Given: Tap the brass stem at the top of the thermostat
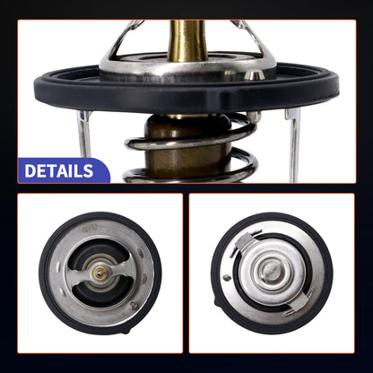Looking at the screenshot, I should [x=186, y=41].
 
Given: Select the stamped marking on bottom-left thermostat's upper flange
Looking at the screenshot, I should [x=89, y=230].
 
